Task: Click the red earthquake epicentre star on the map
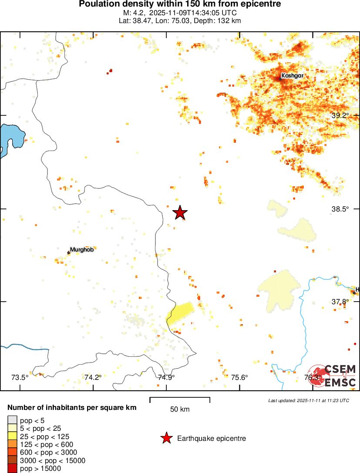coord(180,212)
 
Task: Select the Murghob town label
coord(82,250)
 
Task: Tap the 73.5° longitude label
coord(20,377)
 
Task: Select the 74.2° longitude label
coord(93,377)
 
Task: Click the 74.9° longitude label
coord(166,377)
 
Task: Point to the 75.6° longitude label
coord(239,377)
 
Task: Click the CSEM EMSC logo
coord(333,375)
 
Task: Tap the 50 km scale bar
coord(180,400)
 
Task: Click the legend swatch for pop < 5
coord(12,420)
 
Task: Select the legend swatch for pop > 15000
coord(12,469)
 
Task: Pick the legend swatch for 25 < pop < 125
coord(12,436)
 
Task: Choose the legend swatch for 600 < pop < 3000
coord(12,453)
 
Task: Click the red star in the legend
coord(166,439)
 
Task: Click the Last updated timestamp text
coord(308,400)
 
